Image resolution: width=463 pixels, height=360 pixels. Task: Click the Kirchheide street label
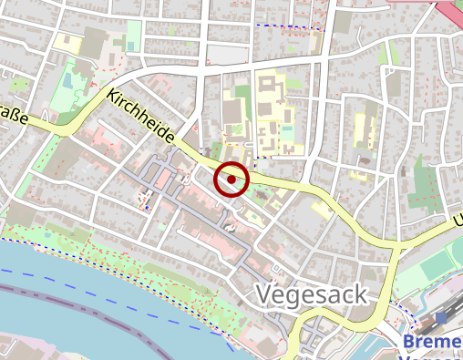coord(141,116)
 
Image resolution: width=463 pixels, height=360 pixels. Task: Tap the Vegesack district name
coord(311,294)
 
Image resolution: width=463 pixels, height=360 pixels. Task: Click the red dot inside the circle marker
coord(231,180)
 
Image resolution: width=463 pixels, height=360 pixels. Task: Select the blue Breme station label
coord(432,341)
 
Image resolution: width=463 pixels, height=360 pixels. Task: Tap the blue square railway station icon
coord(442,319)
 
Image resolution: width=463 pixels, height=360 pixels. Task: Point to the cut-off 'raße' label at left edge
coord(12,115)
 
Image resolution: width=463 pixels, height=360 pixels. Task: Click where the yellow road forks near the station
coord(396,249)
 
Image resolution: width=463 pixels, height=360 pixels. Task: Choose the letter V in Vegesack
coord(265,294)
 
